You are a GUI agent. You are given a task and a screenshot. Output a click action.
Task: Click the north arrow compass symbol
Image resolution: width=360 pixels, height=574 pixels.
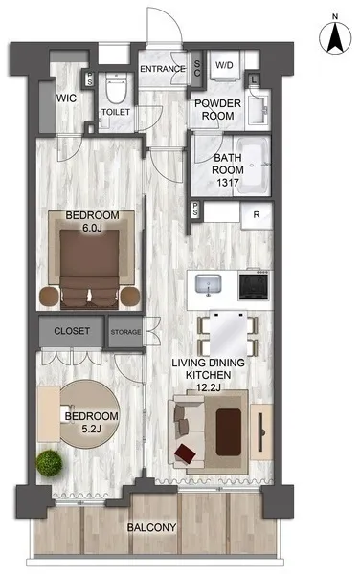(335, 37)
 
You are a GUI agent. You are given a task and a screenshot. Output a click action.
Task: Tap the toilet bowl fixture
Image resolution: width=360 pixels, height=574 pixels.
(116, 87)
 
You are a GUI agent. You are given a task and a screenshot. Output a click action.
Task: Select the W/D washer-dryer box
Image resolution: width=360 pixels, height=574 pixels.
(224, 65)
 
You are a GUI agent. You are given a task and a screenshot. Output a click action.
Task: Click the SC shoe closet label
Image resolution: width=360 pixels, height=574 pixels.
(196, 69)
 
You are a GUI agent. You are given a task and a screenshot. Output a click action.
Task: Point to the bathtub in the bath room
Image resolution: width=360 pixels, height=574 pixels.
(253, 165)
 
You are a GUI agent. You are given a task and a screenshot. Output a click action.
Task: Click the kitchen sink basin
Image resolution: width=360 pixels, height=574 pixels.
(208, 284)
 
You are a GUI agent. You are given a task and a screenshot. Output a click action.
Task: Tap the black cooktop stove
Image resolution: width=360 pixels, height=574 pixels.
(254, 285)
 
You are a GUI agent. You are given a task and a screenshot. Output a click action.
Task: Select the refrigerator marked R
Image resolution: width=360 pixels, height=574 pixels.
(257, 215)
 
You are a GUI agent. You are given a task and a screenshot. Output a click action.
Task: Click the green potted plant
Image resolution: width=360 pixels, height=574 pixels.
(49, 463)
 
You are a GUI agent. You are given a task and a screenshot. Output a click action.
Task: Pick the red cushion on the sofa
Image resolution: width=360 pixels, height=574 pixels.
(185, 453)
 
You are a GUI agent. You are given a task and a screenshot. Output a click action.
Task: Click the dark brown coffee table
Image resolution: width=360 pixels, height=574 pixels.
(229, 432)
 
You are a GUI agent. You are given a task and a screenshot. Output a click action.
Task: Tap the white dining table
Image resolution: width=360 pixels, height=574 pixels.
(228, 333)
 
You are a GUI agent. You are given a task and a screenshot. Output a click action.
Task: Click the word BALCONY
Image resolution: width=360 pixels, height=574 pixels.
(151, 527)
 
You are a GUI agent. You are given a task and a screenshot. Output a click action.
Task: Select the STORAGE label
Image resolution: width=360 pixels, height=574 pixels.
(125, 332)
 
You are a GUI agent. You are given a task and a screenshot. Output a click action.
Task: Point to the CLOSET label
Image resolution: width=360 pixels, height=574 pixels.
(72, 331)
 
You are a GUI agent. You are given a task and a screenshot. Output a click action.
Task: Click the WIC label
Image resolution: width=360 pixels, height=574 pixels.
(66, 99)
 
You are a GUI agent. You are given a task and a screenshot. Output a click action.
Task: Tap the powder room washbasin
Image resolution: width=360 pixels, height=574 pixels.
(259, 109)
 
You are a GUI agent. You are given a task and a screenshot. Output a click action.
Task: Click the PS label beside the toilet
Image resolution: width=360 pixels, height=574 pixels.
(89, 78)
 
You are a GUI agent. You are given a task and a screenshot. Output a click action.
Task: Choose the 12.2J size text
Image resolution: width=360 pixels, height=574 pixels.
(208, 387)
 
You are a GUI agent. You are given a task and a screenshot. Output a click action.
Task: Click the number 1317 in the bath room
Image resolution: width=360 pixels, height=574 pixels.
(228, 182)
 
